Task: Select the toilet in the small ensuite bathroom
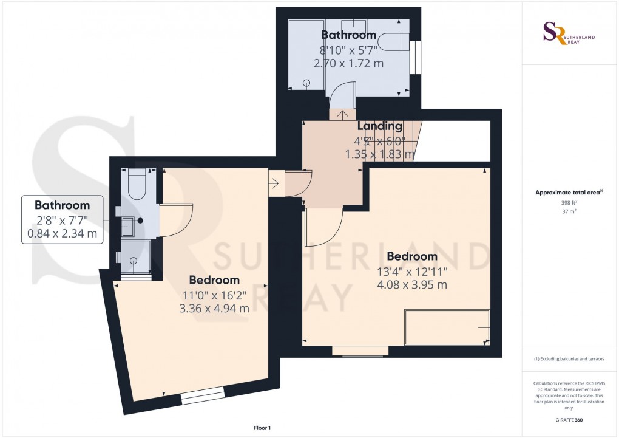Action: click(136, 185)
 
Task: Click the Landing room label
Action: click(379, 126)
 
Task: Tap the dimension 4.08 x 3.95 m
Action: click(413, 284)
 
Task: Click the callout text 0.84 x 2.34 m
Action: click(62, 233)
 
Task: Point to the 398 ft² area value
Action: click(569, 203)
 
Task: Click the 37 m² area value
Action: click(569, 211)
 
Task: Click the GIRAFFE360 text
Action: click(569, 420)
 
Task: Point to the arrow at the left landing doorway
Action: click(274, 182)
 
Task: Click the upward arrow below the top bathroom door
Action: click(342, 114)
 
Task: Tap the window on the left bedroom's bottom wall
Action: click(203, 397)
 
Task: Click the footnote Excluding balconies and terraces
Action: click(569, 359)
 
